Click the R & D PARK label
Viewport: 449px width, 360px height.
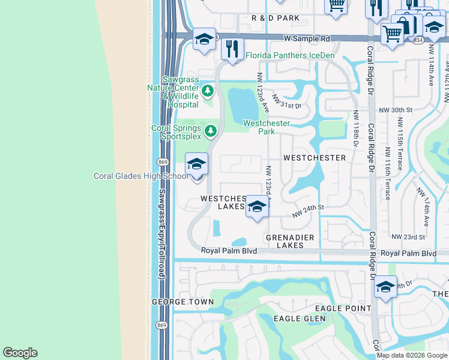(x=276, y=19)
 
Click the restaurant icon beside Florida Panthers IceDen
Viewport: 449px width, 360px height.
(x=232, y=49)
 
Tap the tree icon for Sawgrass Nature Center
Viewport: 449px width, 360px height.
(x=208, y=91)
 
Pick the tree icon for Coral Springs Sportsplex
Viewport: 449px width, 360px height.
(x=210, y=130)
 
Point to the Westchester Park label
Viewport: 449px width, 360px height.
(x=266, y=127)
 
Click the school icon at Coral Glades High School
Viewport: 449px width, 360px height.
(x=196, y=163)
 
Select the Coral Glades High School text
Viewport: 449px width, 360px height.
(x=141, y=176)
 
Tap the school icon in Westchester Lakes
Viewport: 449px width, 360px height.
(x=257, y=206)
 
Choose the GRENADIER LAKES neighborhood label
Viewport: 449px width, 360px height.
(x=290, y=241)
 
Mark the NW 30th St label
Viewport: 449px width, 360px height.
(x=396, y=110)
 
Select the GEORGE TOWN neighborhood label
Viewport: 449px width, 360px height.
(x=182, y=302)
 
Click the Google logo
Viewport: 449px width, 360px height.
(x=20, y=353)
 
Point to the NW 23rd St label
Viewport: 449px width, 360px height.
(x=408, y=237)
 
